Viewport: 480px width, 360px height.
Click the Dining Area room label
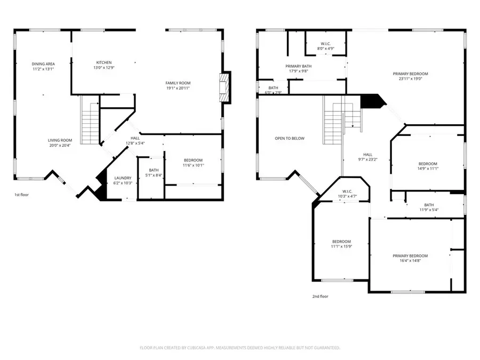coord(43,64)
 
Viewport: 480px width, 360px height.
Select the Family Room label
coord(178,83)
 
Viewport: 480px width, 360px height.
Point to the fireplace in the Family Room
coord(225,86)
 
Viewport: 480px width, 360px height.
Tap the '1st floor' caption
coord(21,195)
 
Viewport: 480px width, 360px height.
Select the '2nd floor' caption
coord(321,296)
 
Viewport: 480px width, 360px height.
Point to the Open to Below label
coord(290,138)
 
